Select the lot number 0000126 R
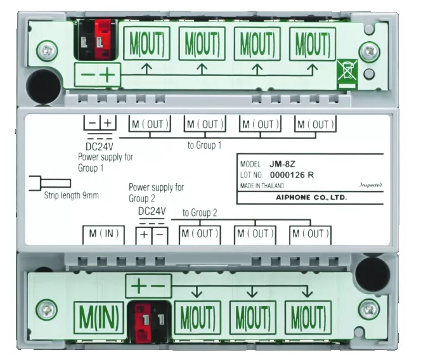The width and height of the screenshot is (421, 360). [x=293, y=175]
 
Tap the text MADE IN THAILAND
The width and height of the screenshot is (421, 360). [x=262, y=186]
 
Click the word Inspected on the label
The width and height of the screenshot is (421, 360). [x=372, y=186]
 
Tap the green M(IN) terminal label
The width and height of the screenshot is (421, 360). [x=98, y=317]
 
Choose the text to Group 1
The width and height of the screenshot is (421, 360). [x=204, y=145]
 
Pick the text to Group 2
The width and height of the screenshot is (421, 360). [x=200, y=213]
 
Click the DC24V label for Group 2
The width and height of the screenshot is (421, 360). [x=152, y=210]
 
